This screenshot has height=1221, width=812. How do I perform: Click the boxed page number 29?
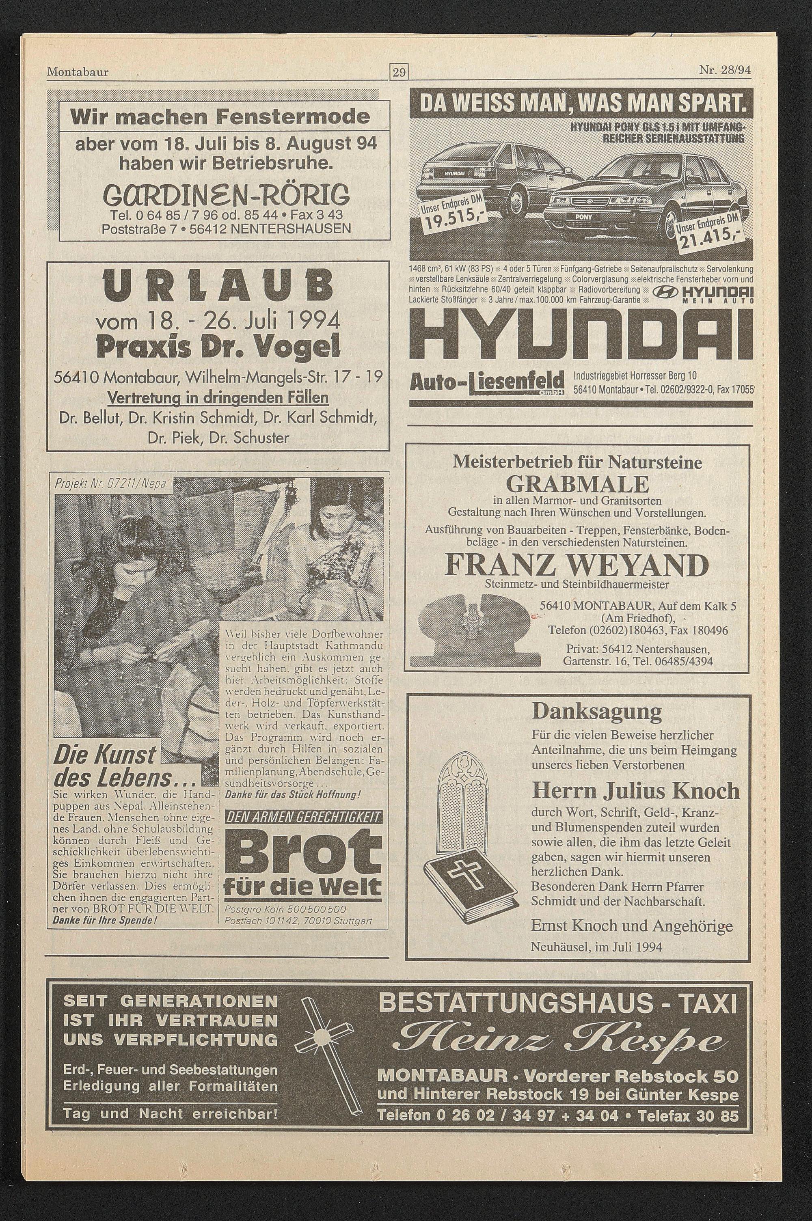(x=399, y=72)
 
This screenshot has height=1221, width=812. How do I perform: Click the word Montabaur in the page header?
(x=78, y=72)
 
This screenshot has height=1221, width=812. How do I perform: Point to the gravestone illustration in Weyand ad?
(x=474, y=630)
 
